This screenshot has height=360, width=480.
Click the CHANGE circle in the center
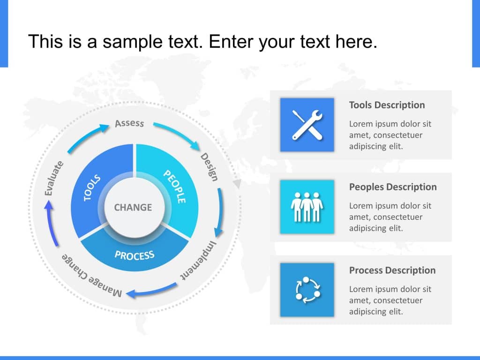(x=133, y=207)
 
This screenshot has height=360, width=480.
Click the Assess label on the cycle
(x=129, y=123)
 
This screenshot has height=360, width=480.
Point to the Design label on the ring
(x=209, y=167)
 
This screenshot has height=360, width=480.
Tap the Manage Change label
(x=92, y=275)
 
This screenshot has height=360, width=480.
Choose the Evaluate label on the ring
(x=53, y=178)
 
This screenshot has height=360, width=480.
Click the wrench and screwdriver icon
(x=307, y=125)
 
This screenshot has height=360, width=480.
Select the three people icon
(x=307, y=207)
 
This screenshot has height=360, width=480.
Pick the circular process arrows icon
(x=307, y=290)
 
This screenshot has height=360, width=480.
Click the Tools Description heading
(x=387, y=105)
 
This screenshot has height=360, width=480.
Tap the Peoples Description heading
(x=392, y=187)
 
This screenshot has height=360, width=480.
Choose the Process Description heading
(x=392, y=270)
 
